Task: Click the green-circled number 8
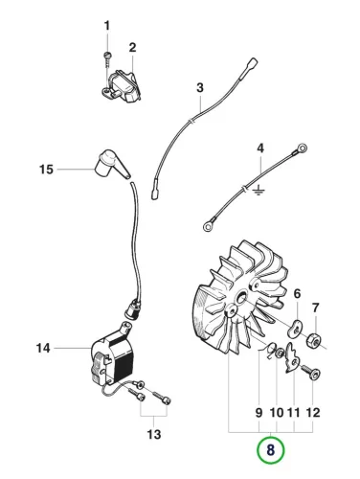tap(270, 450)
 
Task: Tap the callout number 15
tap(46, 170)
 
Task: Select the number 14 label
tap(43, 348)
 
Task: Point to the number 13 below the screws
tap(154, 434)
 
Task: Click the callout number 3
tap(200, 87)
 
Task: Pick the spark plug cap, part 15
tap(112, 164)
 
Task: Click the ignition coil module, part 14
tap(112, 354)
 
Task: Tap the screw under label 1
tap(107, 58)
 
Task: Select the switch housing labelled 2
tap(123, 86)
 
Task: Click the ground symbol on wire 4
tap(259, 192)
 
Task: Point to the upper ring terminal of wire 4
tap(302, 148)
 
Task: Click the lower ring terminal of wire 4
tap(209, 226)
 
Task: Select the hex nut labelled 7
tap(314, 340)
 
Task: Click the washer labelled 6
tap(296, 329)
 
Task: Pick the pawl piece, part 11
tap(292, 357)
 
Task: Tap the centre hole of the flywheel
tap(241, 297)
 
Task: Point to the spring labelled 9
tap(269, 350)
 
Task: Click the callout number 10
tap(277, 413)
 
